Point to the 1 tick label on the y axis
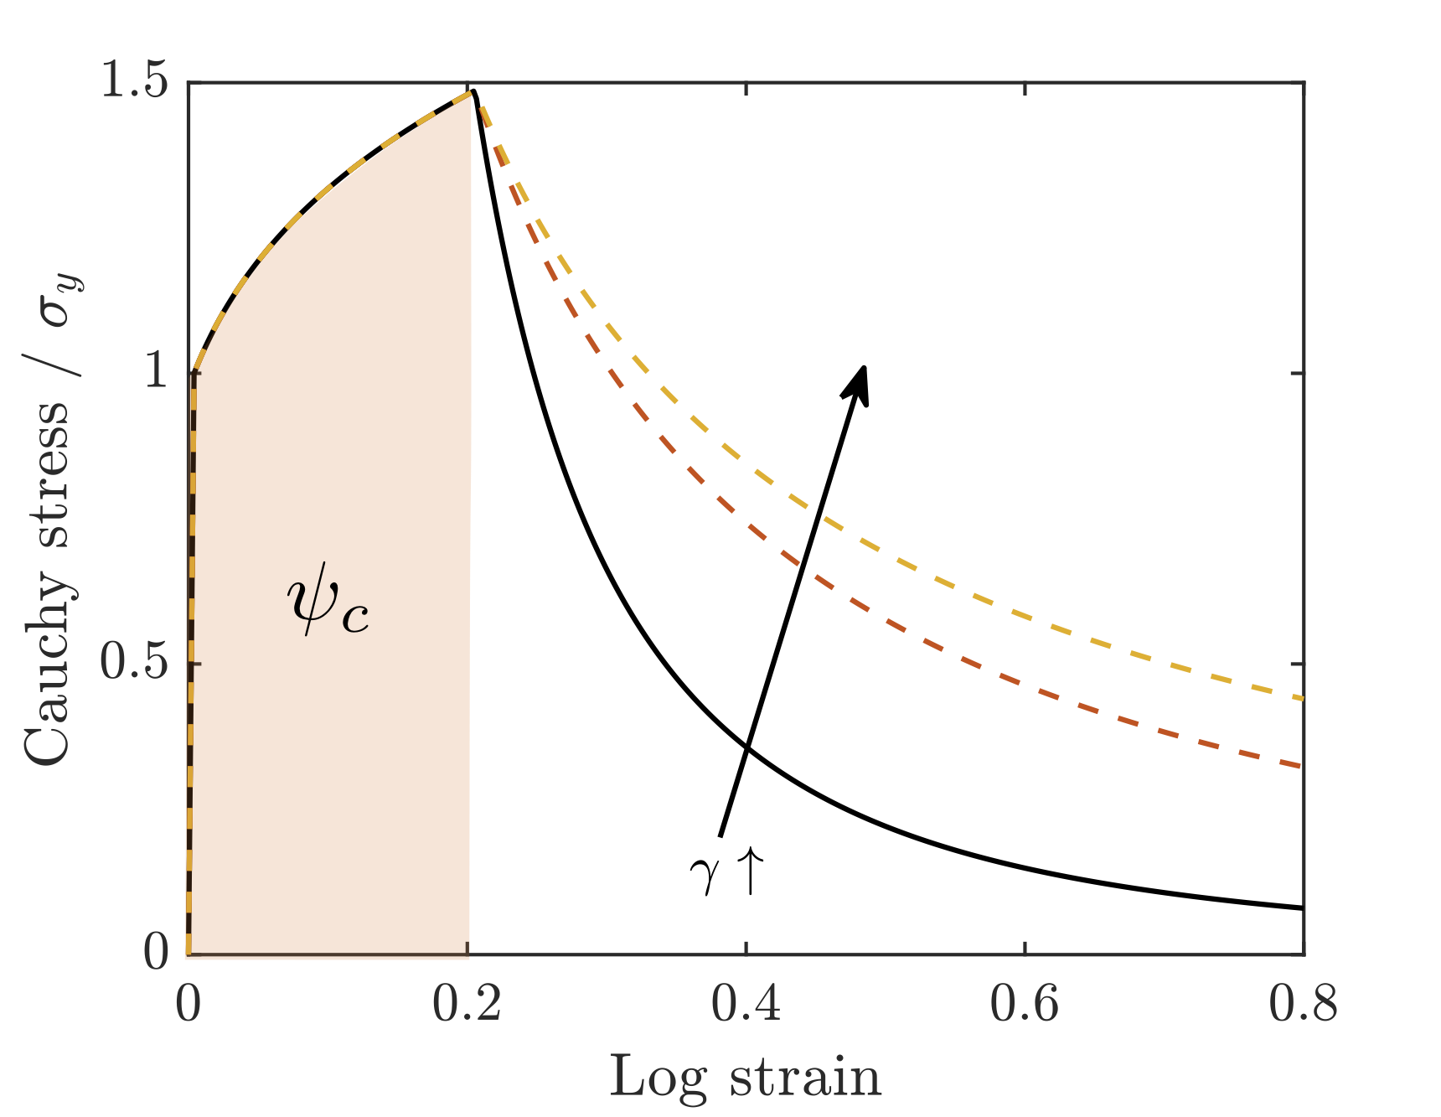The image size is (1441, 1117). (157, 371)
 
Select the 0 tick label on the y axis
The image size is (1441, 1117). (157, 953)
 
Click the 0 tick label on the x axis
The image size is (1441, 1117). (189, 1004)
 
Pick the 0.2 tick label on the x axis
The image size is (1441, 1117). (467, 1004)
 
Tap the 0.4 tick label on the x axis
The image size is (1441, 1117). (746, 1004)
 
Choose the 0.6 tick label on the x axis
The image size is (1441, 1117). (1025, 1004)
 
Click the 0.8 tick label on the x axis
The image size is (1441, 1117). (1303, 1004)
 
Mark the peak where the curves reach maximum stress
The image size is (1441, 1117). (473, 91)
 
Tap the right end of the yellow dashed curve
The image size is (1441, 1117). (1302, 698)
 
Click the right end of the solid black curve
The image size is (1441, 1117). (1302, 908)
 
